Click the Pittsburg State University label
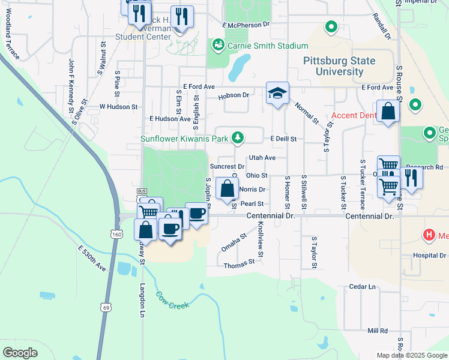(339, 66)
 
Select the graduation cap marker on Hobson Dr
(277, 94)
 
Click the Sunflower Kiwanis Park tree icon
(238, 137)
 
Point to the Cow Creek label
(172, 300)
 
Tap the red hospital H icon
(429, 235)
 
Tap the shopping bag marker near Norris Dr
(226, 189)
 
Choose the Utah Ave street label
(262, 157)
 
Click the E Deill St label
(283, 139)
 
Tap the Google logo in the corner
(20, 353)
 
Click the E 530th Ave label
(91, 258)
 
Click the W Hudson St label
(118, 106)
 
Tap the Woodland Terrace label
(13, 41)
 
